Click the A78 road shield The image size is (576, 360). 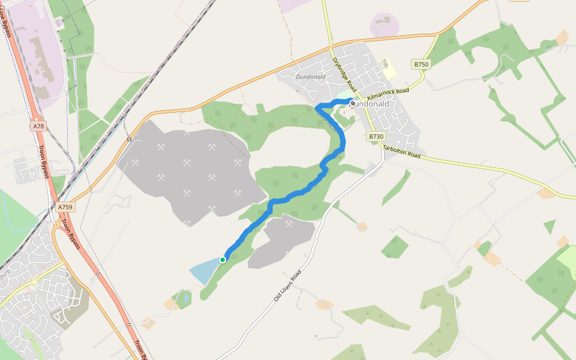tap(39, 126)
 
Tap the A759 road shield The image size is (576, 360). tap(65, 207)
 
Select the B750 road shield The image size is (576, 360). tap(421, 64)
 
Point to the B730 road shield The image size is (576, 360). tap(376, 137)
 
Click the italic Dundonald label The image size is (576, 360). tap(310, 77)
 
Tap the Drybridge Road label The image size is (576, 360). tap(344, 73)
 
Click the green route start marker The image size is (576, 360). tap(223, 259)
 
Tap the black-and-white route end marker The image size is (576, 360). tap(352, 103)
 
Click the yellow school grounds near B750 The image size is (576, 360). tap(389, 69)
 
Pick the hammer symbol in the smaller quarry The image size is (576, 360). tap(289, 224)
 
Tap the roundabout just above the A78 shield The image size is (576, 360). tap(36, 114)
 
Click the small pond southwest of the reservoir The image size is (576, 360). tap(187, 297)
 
